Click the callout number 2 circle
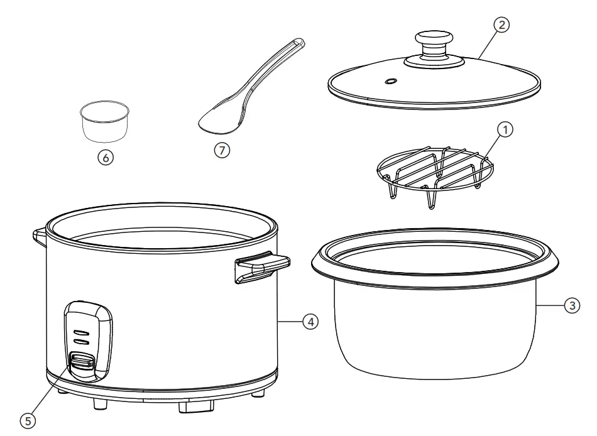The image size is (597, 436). point(500,26)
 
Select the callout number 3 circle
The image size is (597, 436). point(571,306)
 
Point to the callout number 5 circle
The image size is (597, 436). point(26,420)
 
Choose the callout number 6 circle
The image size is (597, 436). point(106,158)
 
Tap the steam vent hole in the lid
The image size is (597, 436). point(390,81)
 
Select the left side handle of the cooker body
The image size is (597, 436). point(37,235)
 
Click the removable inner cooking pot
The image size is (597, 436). point(434,320)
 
